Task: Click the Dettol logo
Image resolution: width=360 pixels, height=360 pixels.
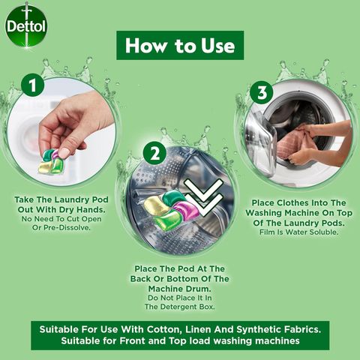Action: point(25,26)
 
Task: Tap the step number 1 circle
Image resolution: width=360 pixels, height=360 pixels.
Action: point(31,85)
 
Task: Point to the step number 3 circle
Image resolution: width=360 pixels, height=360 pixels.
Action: point(262,93)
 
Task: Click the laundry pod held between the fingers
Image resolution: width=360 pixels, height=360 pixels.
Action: point(52,160)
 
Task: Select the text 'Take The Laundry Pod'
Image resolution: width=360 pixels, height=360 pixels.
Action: point(62,199)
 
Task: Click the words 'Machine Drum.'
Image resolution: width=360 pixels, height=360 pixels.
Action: point(181,289)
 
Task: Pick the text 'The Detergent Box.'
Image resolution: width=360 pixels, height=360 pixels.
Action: point(181,307)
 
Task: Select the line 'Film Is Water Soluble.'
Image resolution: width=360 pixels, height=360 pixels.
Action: point(298,231)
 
